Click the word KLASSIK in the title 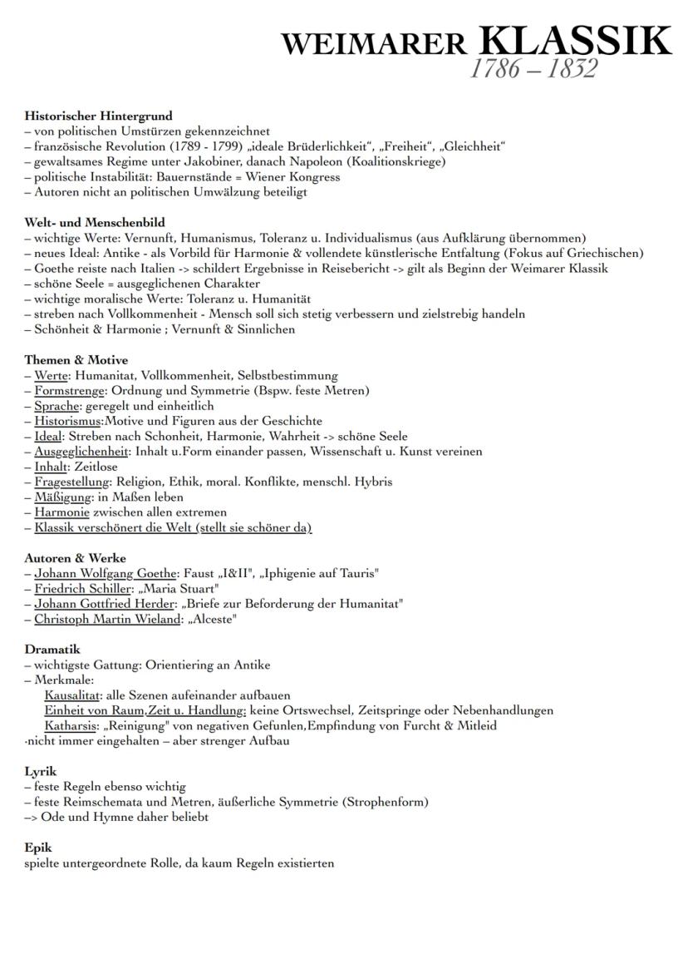point(575,41)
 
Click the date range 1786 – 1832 point(533,68)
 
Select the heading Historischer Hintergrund point(98,116)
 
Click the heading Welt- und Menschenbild point(94,222)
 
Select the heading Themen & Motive point(76,360)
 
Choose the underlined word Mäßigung point(62,497)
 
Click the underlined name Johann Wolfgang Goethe point(106,573)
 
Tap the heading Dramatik point(52,649)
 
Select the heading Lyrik point(41,771)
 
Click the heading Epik point(38,848)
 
